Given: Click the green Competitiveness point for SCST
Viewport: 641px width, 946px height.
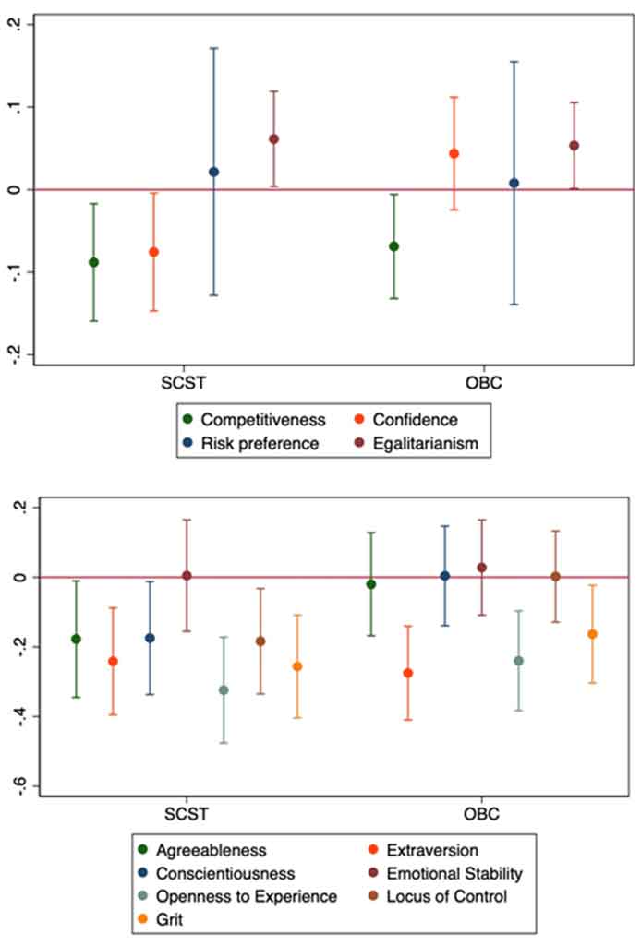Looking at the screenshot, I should [93, 262].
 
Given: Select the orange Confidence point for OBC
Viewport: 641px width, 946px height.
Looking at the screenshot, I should [454, 153].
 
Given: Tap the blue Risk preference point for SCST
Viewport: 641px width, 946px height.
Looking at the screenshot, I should [214, 172].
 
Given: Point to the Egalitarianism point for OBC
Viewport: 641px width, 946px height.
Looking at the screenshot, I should [574, 145].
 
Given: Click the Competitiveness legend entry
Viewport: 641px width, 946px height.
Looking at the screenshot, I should [263, 420].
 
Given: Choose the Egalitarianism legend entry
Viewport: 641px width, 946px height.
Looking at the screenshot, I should [432, 443].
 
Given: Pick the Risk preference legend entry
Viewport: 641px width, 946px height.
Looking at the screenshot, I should [260, 443].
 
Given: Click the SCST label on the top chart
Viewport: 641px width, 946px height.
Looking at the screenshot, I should [183, 381].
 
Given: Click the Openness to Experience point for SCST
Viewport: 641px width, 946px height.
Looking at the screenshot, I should [224, 690].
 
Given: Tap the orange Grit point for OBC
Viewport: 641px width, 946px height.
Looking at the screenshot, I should [592, 634].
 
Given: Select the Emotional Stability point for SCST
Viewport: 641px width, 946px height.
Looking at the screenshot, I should [187, 576].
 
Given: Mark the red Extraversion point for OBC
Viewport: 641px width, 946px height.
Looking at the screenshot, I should [407, 673].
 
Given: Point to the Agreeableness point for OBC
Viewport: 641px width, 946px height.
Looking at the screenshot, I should [371, 584].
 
